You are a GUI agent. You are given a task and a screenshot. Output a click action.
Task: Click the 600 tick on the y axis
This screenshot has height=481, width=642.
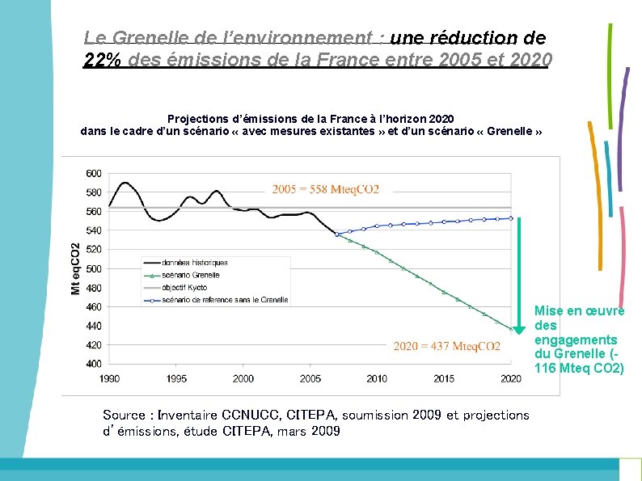93,173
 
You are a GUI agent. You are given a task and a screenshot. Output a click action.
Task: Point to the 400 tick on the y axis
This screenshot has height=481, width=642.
93,364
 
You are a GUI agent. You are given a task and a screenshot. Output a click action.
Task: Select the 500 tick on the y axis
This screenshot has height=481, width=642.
93,268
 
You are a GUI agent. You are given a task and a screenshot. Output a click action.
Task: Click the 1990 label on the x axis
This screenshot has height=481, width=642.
110,378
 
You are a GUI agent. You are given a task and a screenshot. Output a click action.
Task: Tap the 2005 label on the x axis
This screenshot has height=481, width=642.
310,378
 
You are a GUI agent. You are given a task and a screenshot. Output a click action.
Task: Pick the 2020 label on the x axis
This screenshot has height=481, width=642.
511,378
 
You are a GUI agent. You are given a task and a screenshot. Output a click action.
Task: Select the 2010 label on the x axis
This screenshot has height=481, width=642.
377,378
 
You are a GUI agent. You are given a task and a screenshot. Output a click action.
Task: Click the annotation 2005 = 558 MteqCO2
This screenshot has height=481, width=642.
325,190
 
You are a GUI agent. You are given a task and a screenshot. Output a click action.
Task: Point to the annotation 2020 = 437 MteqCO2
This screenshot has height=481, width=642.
446,347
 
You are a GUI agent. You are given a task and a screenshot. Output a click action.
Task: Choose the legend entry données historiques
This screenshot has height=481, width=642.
195,263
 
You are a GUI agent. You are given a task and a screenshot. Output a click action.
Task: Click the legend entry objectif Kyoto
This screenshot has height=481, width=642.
185,287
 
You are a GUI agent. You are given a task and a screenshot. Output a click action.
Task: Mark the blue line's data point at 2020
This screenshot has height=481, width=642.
511,218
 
